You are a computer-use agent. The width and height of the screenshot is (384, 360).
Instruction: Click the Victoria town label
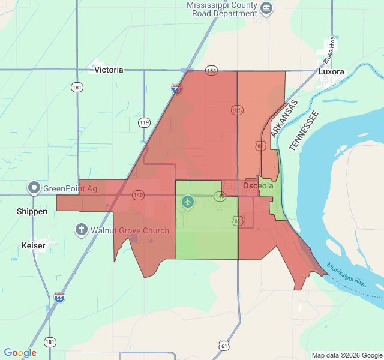coord(109,70)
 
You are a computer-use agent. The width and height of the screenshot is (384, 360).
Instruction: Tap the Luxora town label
coord(331,71)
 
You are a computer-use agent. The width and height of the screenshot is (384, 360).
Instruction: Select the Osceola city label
coord(258,186)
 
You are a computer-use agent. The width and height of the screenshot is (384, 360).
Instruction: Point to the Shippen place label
coord(32,212)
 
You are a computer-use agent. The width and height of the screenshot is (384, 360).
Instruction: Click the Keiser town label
coord(33,246)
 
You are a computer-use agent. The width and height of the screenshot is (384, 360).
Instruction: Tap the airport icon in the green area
coord(188,202)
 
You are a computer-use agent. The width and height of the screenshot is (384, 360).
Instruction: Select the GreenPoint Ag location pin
coord(35,188)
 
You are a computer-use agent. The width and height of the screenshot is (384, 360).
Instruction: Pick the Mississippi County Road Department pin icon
coord(267,8)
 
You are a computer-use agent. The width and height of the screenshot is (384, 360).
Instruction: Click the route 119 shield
coord(144,122)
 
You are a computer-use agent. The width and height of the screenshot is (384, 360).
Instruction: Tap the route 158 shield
coord(211,70)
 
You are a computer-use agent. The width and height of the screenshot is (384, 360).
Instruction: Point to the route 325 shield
coord(237,110)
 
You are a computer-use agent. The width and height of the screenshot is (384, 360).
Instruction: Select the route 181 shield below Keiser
coord(50,341)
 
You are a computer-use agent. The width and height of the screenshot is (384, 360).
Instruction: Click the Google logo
coord(20,353)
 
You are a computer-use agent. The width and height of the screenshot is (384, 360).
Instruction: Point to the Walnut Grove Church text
coord(130,230)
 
